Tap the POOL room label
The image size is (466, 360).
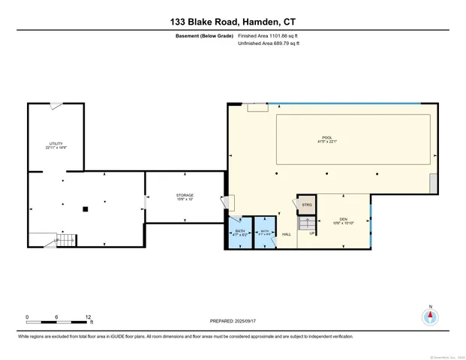click(326, 137)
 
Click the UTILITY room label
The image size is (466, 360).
click(55, 143)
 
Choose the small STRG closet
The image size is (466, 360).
click(306, 204)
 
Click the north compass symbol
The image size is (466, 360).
click(430, 316)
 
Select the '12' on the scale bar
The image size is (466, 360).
click(88, 317)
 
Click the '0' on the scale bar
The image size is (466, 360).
click(28, 317)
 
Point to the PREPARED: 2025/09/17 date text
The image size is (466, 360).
click(233, 321)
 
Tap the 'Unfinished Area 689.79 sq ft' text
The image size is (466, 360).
click(269, 44)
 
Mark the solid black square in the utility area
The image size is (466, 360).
click(86, 208)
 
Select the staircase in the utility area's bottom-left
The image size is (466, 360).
click(65, 239)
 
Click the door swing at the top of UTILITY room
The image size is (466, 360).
click(56, 107)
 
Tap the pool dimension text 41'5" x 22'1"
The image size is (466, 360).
click(326, 142)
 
